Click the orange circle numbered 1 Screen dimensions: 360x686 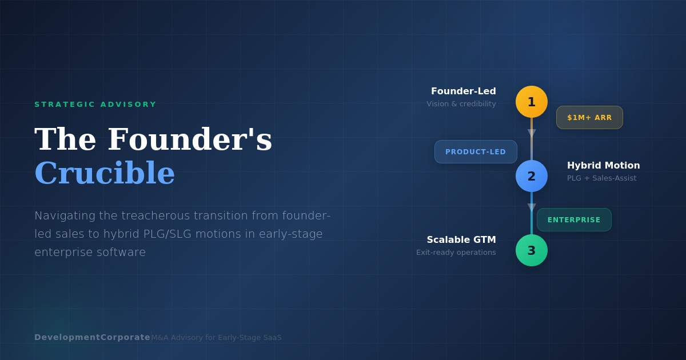click(532, 102)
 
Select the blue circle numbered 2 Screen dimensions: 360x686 click(532, 176)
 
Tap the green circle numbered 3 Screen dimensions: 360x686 click(532, 250)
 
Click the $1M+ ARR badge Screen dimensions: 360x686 click(589, 118)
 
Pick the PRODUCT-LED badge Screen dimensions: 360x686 click(476, 152)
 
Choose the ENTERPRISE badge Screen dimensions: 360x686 click(574, 220)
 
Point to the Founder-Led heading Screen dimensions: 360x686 click(464, 91)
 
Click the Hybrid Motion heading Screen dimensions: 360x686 click(603, 166)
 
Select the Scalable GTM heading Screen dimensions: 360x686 click(461, 240)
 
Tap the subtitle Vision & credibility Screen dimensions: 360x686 click(461, 104)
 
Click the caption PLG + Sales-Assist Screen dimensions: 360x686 click(601, 178)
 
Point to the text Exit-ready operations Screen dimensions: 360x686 click(456, 253)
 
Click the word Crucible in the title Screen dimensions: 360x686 click(105, 173)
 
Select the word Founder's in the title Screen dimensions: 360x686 click(190, 139)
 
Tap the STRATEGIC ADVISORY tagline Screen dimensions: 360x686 click(95, 105)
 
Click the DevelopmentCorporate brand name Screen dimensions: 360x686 click(92, 337)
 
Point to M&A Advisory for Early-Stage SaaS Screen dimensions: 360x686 click(216, 338)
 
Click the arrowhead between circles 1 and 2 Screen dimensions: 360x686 click(532, 133)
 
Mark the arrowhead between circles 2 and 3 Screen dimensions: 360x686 click(532, 207)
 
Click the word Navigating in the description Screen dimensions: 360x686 click(65, 215)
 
